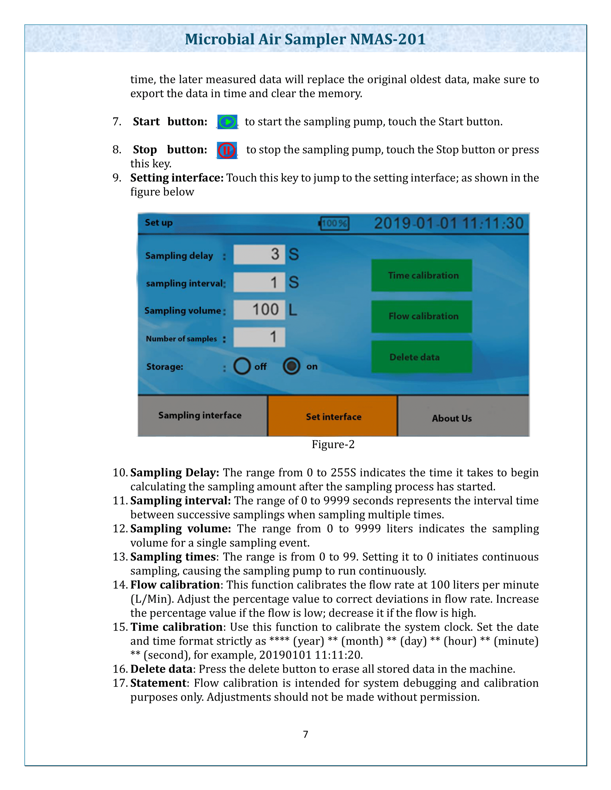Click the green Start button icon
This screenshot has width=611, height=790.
point(227,122)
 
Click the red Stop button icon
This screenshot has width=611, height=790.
point(227,150)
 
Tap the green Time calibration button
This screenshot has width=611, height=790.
point(422,275)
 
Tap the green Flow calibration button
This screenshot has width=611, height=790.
point(422,316)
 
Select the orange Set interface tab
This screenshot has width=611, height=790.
point(333,416)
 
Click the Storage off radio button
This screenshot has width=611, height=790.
point(242,366)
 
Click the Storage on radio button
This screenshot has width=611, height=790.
point(291,366)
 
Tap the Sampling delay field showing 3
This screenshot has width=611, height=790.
point(259,254)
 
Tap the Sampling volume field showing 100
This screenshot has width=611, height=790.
point(259,310)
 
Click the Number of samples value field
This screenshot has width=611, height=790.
point(259,337)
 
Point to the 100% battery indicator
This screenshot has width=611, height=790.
point(334,223)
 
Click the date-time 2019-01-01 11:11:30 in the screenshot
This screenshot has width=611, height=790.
point(449,223)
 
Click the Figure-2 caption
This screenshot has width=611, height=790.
point(333,444)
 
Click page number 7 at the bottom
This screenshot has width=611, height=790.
point(306,734)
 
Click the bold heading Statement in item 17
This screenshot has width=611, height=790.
point(158,683)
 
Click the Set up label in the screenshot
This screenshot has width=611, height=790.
point(159,223)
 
